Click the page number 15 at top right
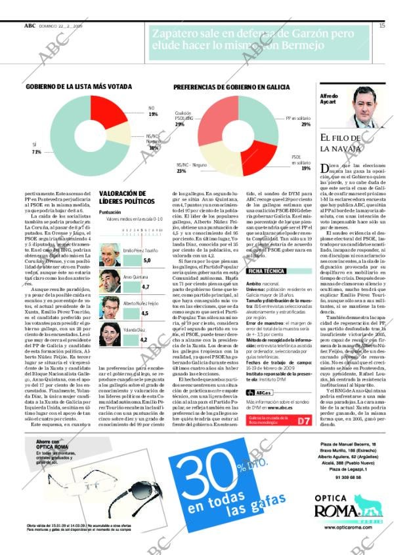click(381, 26)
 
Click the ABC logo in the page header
click(30, 26)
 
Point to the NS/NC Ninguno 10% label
click(153, 144)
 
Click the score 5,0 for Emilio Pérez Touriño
click(146, 260)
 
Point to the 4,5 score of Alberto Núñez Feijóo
click(145, 313)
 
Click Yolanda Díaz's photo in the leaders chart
click(110, 334)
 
